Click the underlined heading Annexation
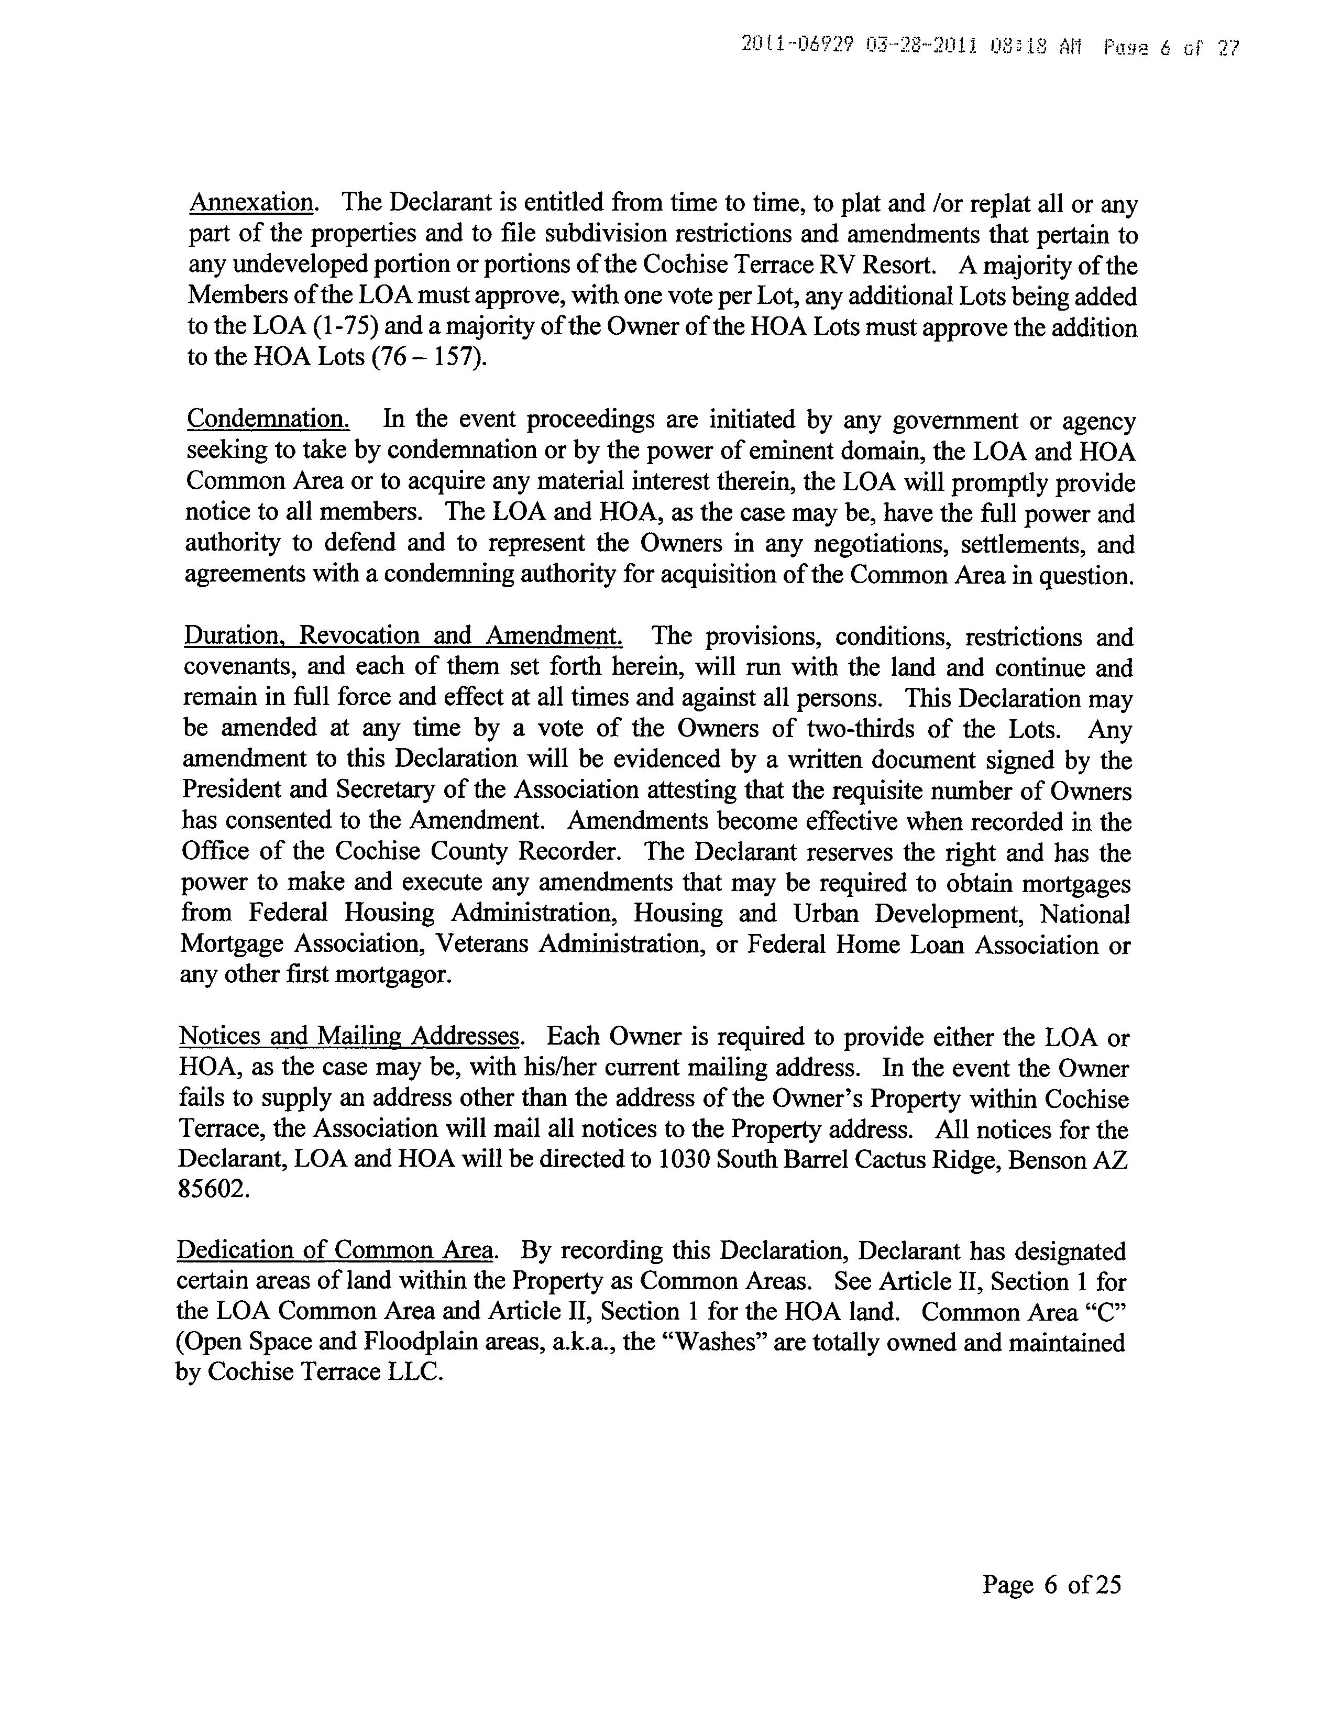tap(250, 203)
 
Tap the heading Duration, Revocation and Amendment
tap(403, 635)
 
